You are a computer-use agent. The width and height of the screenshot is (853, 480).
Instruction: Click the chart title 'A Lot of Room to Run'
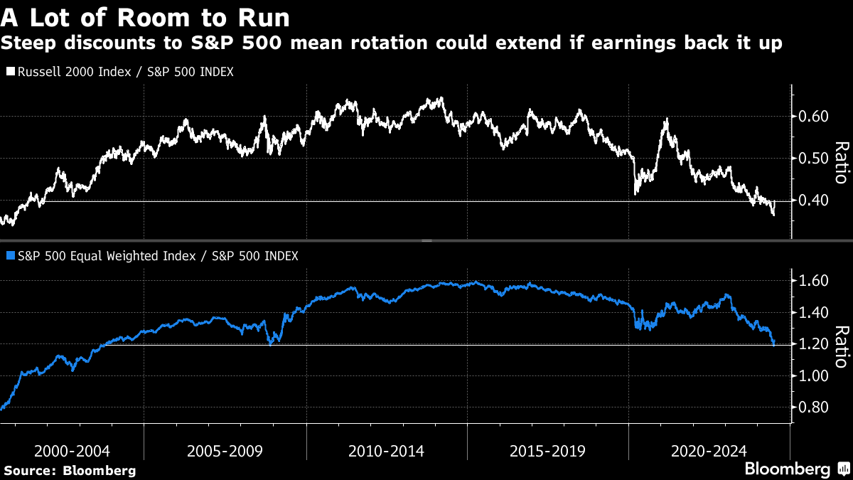pos(145,15)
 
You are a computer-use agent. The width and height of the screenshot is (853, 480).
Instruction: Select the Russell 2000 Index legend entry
pos(119,72)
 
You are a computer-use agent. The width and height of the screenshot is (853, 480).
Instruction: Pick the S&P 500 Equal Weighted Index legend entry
pos(151,255)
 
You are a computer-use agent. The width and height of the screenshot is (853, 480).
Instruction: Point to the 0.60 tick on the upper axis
pos(813,117)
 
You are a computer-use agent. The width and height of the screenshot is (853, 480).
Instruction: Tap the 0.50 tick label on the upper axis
pos(813,159)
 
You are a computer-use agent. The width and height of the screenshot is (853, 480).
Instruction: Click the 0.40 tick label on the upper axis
pos(813,201)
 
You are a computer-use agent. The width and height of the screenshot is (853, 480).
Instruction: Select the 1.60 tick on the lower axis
pos(813,282)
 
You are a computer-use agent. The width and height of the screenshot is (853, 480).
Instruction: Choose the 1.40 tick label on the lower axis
pos(813,313)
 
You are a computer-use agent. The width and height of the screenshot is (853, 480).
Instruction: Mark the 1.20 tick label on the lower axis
pos(813,344)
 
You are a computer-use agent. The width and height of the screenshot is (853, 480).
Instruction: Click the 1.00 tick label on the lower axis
pos(813,376)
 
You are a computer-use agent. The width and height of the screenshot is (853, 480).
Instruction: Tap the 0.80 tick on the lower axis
pos(813,407)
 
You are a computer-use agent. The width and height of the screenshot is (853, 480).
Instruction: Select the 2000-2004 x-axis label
pos(72,451)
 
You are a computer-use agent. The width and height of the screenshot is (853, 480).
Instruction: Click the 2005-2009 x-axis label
pos(225,451)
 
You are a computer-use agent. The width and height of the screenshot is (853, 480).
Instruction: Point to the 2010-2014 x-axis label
pos(387,451)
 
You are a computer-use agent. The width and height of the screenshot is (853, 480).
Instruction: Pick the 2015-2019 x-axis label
pos(547,451)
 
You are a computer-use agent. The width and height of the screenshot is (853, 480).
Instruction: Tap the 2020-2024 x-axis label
pos(709,451)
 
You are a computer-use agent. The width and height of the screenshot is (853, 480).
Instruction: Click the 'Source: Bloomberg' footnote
pos(70,471)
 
